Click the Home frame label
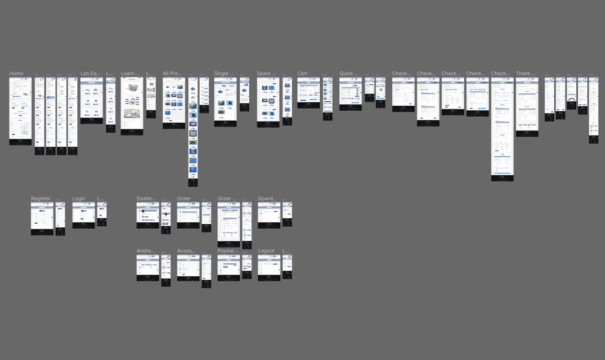pyautogui.click(x=16, y=74)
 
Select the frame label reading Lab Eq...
pyautogui.click(x=91, y=74)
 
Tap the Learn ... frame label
pyautogui.click(x=130, y=74)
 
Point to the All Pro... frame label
pyautogui.click(x=172, y=74)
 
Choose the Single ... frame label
pyautogui.click(x=224, y=74)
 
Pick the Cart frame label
pyautogui.click(x=302, y=74)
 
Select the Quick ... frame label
pyautogui.click(x=349, y=74)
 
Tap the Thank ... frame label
pyautogui.click(x=526, y=74)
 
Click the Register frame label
pyautogui.click(x=40, y=199)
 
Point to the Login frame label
pyautogui.click(x=79, y=199)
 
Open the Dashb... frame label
pyautogui.click(x=146, y=199)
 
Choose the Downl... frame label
pyautogui.click(x=268, y=199)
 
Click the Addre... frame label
pyautogui.click(x=146, y=251)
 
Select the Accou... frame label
pyautogui.click(x=187, y=251)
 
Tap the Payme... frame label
pyautogui.click(x=227, y=251)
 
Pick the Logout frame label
pyautogui.click(x=266, y=251)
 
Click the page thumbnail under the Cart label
pyautogui.click(x=308, y=93)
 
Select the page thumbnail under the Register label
pyautogui.click(x=42, y=219)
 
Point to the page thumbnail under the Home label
pyautogui.click(x=20, y=111)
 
